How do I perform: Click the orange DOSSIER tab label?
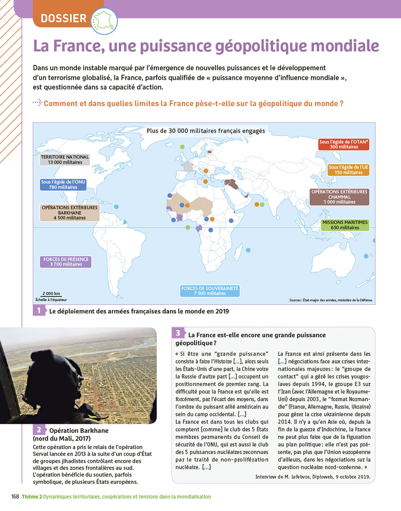click(64, 18)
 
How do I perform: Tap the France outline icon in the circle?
click(105, 21)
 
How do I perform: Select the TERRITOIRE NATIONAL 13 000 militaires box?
click(65, 159)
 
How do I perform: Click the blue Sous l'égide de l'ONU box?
click(63, 184)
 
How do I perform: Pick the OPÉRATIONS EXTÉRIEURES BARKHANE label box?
click(69, 213)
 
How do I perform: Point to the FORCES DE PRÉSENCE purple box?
click(66, 262)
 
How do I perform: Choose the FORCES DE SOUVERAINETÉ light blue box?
click(210, 291)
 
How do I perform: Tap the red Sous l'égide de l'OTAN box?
click(344, 144)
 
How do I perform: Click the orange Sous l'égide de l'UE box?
click(348, 170)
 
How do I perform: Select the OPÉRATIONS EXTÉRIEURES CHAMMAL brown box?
click(339, 197)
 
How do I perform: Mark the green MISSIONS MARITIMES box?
click(345, 225)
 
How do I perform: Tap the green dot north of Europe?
click(182, 147)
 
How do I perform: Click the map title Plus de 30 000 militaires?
click(206, 131)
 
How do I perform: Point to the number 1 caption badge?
click(39, 310)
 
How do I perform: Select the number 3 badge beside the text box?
click(178, 333)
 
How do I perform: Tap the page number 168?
click(15, 497)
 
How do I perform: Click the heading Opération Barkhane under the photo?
click(79, 431)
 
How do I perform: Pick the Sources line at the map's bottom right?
click(331, 300)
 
